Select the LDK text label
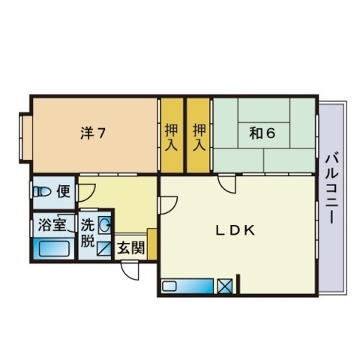click(x=236, y=231)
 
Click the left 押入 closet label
click(x=172, y=135)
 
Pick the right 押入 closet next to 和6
click(x=199, y=135)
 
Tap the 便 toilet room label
click(x=64, y=191)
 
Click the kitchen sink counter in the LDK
click(x=187, y=286)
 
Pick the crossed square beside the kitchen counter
click(x=224, y=286)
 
